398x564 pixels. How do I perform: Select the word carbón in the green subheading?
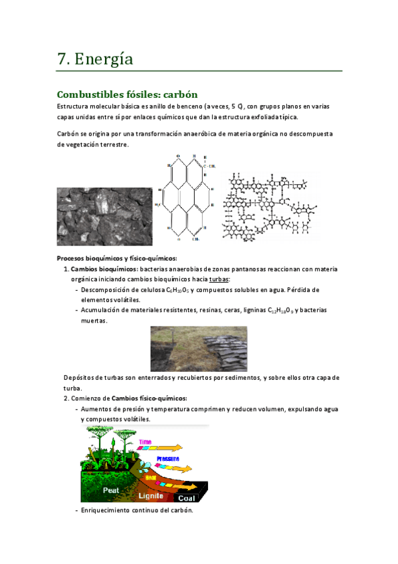click(175, 94)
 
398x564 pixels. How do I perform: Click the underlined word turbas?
click(219, 279)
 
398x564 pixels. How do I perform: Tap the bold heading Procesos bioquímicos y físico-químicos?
click(117, 258)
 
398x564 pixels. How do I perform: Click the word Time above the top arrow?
click(146, 442)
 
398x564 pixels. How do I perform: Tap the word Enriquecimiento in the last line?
click(106, 510)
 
